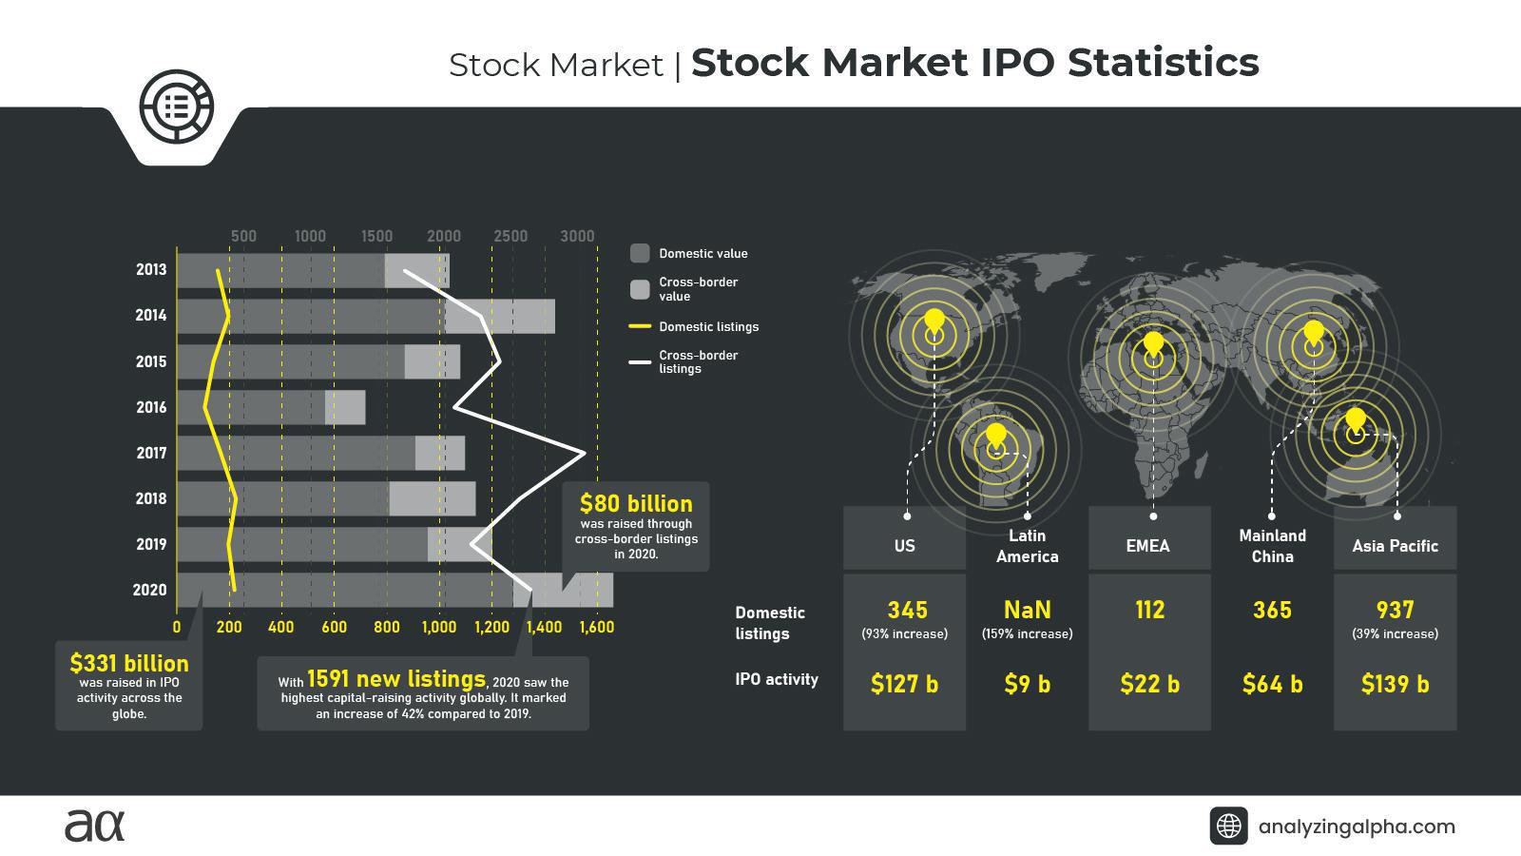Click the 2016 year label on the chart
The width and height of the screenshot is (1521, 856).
click(151, 407)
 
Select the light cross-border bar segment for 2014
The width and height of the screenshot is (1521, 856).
click(500, 316)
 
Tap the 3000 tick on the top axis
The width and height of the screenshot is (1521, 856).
click(577, 236)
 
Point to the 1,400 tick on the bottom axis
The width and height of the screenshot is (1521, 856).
click(544, 628)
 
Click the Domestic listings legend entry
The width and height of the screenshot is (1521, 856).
click(708, 326)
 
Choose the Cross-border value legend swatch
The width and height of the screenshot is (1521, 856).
click(640, 288)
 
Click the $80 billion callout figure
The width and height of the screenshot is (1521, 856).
click(636, 503)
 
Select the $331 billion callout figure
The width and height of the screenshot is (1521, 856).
click(129, 663)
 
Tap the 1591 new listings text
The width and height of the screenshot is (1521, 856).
click(395, 679)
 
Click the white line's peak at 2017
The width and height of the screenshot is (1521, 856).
click(583, 453)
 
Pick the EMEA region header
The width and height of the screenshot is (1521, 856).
click(1148, 546)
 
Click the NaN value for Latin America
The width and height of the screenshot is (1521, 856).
click(1027, 610)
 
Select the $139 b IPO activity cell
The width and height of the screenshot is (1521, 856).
click(1395, 684)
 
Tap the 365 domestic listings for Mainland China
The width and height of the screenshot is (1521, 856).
click(1272, 610)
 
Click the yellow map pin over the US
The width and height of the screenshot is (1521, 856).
click(934, 321)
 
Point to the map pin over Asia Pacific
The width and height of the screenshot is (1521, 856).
click(1356, 419)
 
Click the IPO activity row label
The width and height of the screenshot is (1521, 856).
click(776, 679)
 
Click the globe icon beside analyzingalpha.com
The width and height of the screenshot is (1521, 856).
click(1228, 826)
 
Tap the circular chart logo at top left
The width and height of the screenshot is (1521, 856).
click(176, 106)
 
